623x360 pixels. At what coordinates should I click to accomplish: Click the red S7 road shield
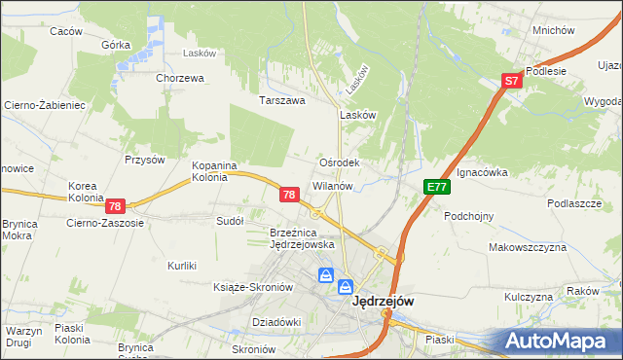(513, 83)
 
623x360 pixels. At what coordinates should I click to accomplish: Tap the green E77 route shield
(435, 187)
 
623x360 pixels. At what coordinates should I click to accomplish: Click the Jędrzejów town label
(382, 302)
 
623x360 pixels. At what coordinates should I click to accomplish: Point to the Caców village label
(65, 31)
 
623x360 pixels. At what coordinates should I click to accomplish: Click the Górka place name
(116, 45)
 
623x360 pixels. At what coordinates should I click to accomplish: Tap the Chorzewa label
(179, 78)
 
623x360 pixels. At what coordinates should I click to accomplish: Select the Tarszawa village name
(282, 99)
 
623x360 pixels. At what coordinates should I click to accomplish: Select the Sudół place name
(229, 221)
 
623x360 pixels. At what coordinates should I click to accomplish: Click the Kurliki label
(182, 266)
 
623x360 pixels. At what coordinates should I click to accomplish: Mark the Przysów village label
(142, 160)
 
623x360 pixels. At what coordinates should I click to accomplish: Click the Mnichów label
(554, 30)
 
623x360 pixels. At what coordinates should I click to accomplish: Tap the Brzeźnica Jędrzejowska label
(302, 238)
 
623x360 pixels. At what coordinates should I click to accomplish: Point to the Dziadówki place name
(276, 321)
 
